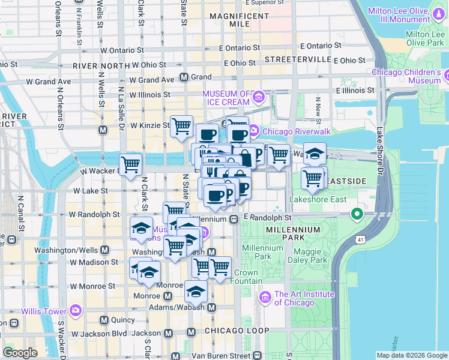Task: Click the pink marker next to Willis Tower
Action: [x=75, y=310]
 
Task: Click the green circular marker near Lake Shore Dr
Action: [x=357, y=214]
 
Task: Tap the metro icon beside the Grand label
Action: [x=184, y=77]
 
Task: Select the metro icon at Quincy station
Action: [x=105, y=320]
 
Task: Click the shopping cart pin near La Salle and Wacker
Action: [x=130, y=164]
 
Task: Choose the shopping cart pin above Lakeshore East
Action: [x=313, y=178]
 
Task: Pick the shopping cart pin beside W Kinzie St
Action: [x=181, y=126]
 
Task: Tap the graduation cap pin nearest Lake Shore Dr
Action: [x=315, y=153]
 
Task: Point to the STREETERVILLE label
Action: [x=298, y=59]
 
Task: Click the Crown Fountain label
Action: [x=246, y=277]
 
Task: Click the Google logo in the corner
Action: [x=20, y=353]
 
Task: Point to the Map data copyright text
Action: [x=411, y=355]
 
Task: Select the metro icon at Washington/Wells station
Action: [x=105, y=250]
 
